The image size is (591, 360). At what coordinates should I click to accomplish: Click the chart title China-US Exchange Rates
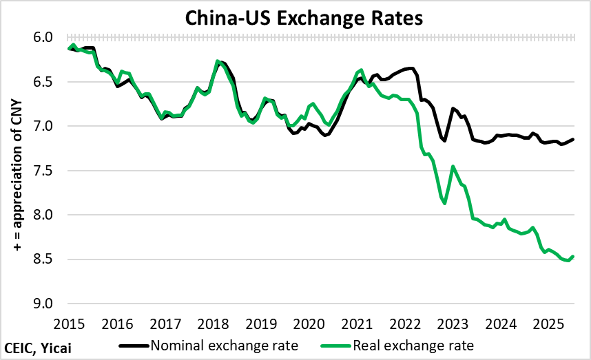click(295, 18)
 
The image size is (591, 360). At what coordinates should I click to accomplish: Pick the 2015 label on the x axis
click(70, 323)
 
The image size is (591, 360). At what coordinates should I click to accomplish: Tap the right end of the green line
click(573, 257)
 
